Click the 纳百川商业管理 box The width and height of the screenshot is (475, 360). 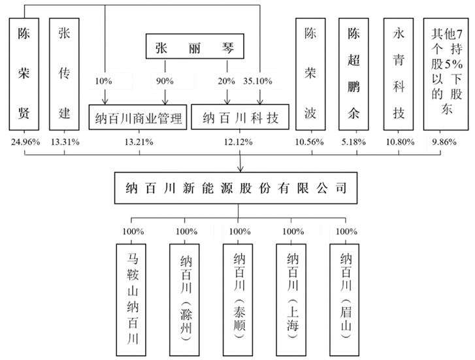tap(139, 118)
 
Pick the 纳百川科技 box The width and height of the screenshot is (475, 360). tap(241, 118)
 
